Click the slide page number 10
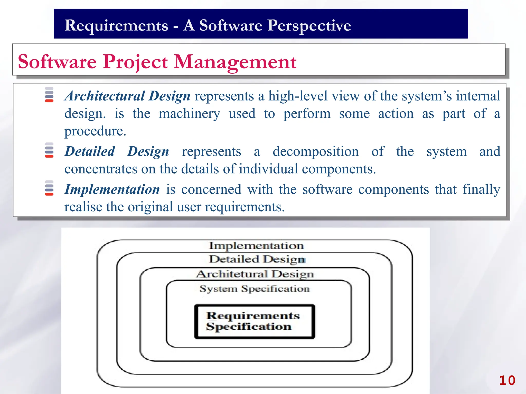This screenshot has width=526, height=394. coord(507,380)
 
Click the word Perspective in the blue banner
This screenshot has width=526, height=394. coord(309,25)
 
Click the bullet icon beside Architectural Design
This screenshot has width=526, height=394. coord(49,95)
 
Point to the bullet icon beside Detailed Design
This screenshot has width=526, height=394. coord(49,150)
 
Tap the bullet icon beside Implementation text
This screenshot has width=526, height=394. coord(49,188)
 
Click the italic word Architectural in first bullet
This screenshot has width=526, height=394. coord(105,96)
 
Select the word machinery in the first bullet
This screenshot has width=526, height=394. coord(189,113)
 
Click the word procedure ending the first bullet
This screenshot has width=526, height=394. coord(95,131)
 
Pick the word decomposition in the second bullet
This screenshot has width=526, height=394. coord(315,151)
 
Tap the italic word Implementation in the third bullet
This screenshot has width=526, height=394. coord(112,189)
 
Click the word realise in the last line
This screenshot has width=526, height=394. coord(83,207)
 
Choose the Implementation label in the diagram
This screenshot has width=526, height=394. coord(256,246)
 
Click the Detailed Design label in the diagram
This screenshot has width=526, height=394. coord(257,259)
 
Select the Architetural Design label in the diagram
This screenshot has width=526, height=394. coord(255,274)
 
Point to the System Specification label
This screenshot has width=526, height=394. coord(255,289)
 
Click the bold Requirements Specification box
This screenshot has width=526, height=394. coord(255,321)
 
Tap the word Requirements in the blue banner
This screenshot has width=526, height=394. coord(116,25)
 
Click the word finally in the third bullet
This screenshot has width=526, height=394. coord(481,189)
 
